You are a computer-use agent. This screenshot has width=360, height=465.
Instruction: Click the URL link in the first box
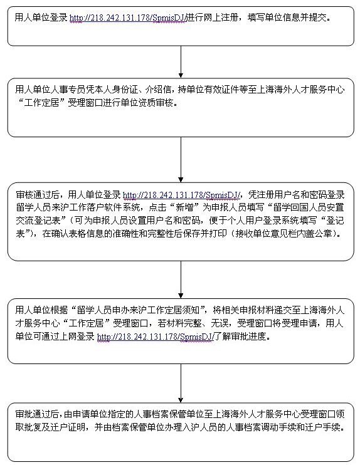click(x=128, y=18)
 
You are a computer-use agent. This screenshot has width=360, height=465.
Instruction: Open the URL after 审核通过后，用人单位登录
click(x=181, y=195)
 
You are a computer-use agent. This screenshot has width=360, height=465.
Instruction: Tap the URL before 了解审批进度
click(x=156, y=337)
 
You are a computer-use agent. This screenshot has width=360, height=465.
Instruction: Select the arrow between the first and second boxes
click(x=181, y=62)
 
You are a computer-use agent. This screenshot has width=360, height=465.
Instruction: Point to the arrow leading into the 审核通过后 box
click(x=181, y=160)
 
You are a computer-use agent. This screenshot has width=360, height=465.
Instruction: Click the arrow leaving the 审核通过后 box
click(x=181, y=280)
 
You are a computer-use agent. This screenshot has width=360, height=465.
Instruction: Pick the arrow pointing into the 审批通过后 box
click(x=181, y=383)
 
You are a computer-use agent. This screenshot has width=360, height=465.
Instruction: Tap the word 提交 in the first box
click(x=317, y=18)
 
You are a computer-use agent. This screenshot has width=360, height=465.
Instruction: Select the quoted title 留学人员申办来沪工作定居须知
click(x=139, y=310)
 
